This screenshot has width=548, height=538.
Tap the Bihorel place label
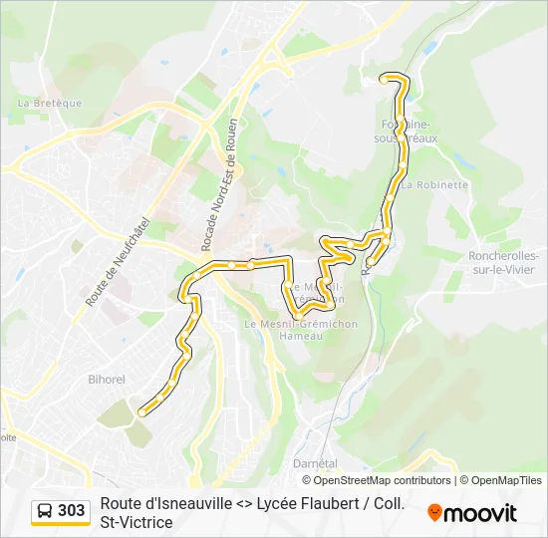[x=106, y=380]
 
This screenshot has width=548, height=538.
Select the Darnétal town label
[x=315, y=463]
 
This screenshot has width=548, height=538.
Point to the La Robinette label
[x=435, y=184]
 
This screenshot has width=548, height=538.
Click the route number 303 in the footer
[x=72, y=511]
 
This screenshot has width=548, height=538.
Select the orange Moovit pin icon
[x=434, y=512]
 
